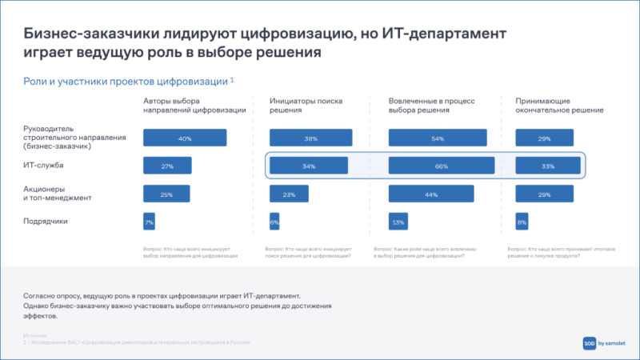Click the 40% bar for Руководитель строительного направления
coord(185,138)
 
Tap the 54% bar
coord(437,138)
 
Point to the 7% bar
coord(149,221)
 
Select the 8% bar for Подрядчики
coord(522,221)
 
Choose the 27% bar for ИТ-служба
coord(167,166)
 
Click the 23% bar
coord(289,194)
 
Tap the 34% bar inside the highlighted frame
coord(309,166)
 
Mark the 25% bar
coord(166,194)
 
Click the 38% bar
coord(311,138)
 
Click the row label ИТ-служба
coord(42,166)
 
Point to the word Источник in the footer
coord(34,335)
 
